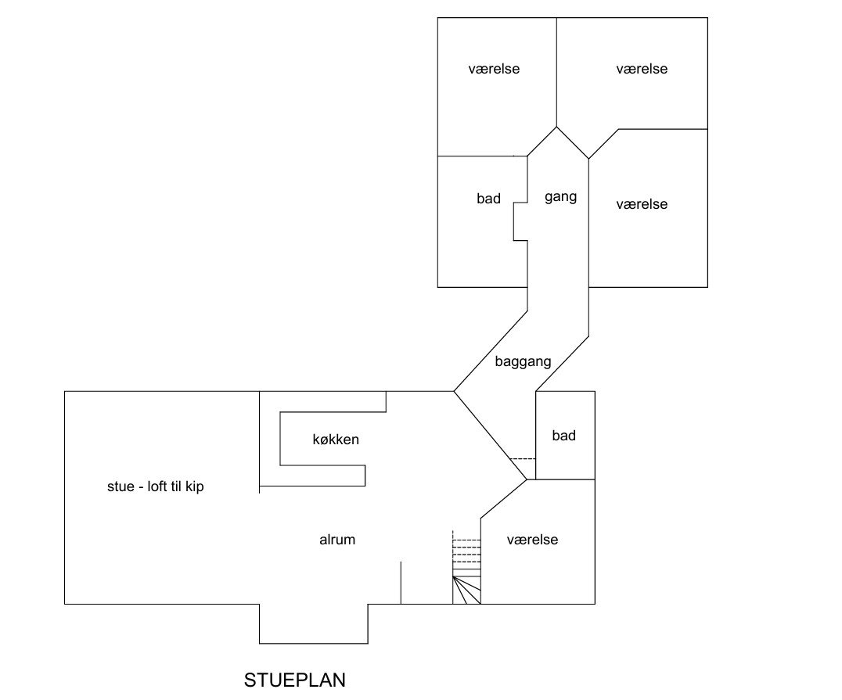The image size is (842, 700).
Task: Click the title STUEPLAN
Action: click(295, 680)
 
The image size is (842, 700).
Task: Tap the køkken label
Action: click(336, 440)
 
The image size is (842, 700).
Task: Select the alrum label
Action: click(337, 540)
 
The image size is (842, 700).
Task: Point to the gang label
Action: click(560, 197)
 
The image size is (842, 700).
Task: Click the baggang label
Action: click(523, 362)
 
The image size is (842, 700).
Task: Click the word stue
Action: click(121, 487)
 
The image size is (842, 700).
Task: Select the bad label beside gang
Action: click(488, 199)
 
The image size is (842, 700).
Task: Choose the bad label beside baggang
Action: click(564, 436)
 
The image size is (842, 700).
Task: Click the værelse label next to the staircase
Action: click(532, 540)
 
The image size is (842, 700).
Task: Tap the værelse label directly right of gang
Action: click(642, 204)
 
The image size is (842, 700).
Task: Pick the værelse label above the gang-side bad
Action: click(494, 69)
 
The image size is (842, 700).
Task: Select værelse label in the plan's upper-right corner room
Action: click(642, 69)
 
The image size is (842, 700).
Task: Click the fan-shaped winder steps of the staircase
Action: click(466, 590)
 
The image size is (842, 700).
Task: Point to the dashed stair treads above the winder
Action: click(466, 551)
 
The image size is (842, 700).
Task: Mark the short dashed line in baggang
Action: click(523, 459)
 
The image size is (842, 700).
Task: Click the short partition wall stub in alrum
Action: click(401, 583)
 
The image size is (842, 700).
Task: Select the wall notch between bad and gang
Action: click(520, 221)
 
